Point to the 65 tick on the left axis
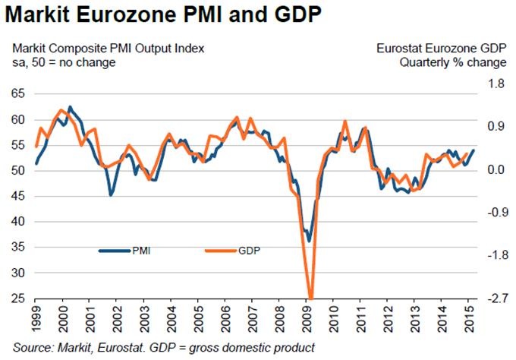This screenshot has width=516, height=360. point(18,94)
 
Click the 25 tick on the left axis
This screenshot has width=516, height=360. point(18,298)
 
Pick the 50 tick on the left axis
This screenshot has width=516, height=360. point(18,171)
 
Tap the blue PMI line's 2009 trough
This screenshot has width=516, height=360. point(309,241)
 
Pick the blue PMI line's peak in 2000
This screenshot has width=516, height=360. point(70,107)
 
